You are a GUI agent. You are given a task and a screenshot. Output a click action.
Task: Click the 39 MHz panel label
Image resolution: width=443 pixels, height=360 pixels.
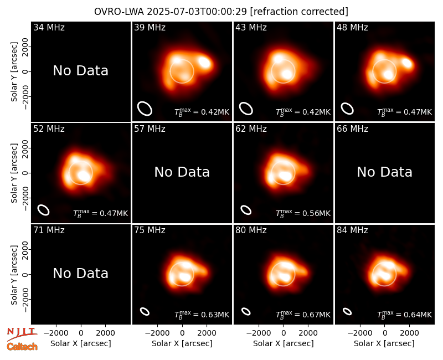tap(150, 27)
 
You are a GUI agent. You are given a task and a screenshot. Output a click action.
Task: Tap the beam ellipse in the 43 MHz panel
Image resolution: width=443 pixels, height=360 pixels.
tap(246, 109)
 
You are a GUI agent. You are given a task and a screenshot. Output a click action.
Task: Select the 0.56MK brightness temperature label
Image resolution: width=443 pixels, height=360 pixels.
tap(303, 213)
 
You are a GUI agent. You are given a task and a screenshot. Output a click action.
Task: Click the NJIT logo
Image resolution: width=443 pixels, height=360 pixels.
tap(22, 334)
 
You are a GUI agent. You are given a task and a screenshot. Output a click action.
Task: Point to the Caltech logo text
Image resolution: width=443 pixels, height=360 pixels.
tap(22, 347)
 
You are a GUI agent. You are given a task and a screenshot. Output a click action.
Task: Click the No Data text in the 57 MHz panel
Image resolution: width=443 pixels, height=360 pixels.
tap(182, 172)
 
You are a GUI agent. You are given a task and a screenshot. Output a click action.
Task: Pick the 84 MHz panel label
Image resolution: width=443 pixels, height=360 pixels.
tap(352, 230)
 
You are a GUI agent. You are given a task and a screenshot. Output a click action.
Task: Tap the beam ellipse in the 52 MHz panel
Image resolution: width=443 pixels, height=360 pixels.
tap(44, 210)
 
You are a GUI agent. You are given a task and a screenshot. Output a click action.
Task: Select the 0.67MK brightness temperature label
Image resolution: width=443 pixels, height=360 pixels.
tap(303, 315)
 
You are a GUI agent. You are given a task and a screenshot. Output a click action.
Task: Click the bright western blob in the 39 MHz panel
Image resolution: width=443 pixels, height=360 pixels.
tap(204, 62)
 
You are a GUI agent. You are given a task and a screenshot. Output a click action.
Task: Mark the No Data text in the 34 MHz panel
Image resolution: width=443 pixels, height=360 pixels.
tap(80, 71)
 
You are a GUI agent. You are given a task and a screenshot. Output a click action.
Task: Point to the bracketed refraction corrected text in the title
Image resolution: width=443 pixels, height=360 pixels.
tap(299, 12)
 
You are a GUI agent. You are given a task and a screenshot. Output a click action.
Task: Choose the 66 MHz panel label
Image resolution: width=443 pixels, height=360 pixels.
tap(352, 129)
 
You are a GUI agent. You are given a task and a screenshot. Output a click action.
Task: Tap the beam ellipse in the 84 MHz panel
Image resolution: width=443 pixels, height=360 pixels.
tap(347, 311)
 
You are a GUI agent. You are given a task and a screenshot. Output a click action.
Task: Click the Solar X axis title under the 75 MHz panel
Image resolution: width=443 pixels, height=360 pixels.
tap(182, 343)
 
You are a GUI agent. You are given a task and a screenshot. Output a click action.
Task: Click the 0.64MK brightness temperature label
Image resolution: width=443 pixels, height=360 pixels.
tap(404, 315)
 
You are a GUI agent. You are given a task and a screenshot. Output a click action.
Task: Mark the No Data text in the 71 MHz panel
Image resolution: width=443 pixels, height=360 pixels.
tap(80, 273)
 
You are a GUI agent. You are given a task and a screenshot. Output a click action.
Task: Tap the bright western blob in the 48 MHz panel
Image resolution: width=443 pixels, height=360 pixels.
tap(407, 63)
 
